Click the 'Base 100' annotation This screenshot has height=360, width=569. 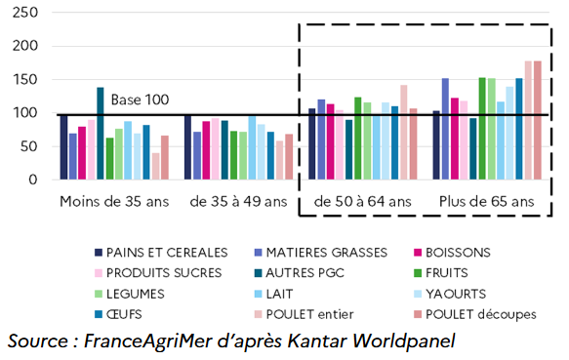[x=140, y=100]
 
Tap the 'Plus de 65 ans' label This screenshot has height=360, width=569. [x=487, y=202]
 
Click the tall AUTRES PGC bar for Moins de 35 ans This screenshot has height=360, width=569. [x=100, y=134]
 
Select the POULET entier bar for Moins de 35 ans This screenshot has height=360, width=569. [x=156, y=166]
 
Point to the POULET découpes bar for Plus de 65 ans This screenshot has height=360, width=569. [x=537, y=120]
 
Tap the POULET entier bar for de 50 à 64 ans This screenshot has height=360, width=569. [x=403, y=133]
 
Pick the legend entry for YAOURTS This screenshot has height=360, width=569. [x=448, y=292]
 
